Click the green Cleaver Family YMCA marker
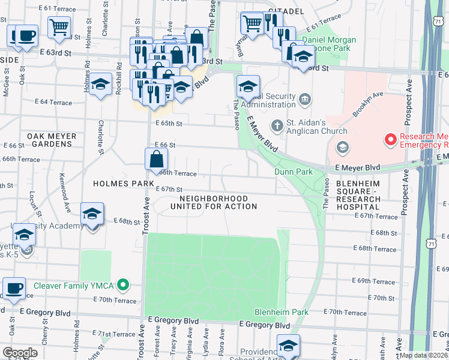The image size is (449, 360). [x=124, y=284]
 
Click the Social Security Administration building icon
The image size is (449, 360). [x=305, y=98]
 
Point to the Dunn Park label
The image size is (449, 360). [x=294, y=172]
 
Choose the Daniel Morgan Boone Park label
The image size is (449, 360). [x=328, y=45]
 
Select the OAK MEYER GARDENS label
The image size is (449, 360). [x=52, y=140]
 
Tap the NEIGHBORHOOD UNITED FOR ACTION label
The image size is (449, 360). [x=214, y=202]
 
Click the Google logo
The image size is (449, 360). [x=20, y=353]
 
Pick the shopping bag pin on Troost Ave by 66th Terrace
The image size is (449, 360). [x=155, y=160]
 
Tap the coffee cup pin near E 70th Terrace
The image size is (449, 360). [x=14, y=288]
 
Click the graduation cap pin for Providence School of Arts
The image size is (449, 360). [x=288, y=346]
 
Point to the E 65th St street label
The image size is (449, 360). [x=168, y=123]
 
